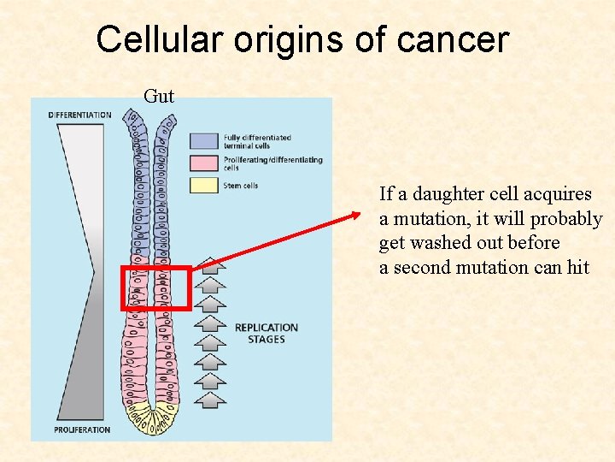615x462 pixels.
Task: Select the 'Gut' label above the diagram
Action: (x=159, y=96)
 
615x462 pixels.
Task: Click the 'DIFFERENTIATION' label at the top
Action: (x=79, y=115)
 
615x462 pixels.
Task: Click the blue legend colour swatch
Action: (x=205, y=140)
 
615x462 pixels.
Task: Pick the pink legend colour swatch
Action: (x=205, y=162)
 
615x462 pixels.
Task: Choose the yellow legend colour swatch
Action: (x=205, y=184)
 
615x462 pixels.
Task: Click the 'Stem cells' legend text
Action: (x=241, y=185)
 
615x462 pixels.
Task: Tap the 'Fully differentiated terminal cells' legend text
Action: (x=257, y=141)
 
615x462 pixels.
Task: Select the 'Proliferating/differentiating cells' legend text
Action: (x=272, y=163)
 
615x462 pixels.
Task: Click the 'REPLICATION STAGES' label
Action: (x=266, y=334)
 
